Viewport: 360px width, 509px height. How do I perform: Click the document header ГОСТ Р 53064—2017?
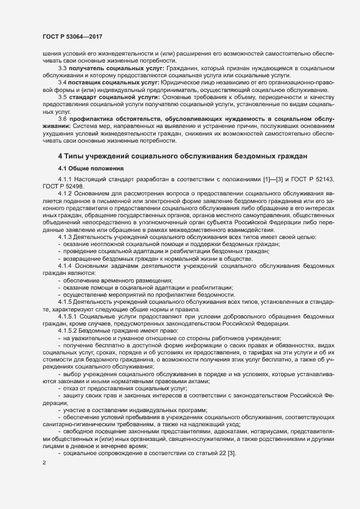[x=72, y=36]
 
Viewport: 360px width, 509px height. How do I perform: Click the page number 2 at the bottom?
[x=43, y=462]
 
